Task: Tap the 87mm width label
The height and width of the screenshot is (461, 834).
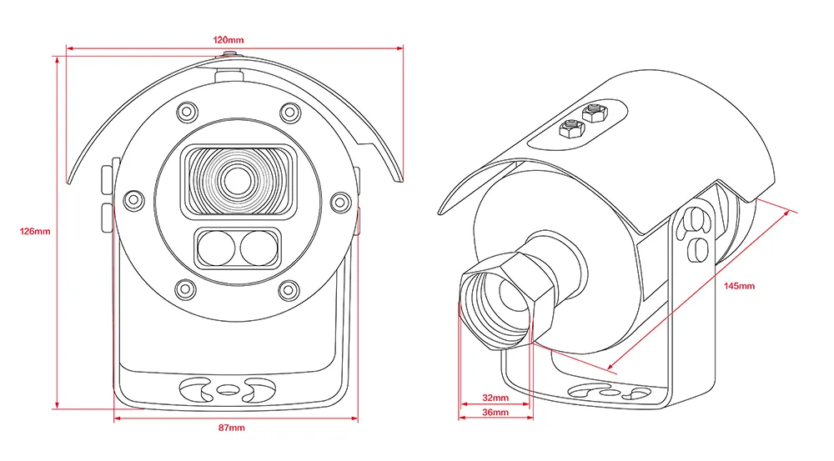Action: pyautogui.click(x=233, y=428)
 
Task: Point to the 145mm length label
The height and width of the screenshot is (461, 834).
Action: pyautogui.click(x=739, y=286)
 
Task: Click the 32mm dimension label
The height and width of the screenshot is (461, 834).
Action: pyautogui.click(x=496, y=397)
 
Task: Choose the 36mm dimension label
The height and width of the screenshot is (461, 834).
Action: pyautogui.click(x=496, y=413)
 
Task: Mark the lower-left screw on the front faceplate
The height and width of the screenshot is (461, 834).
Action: pyautogui.click(x=185, y=288)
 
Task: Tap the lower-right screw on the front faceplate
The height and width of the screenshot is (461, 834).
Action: pyautogui.click(x=289, y=288)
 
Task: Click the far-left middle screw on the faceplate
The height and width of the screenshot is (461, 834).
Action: pyautogui.click(x=133, y=199)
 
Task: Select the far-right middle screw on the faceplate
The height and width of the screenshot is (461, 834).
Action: pyautogui.click(x=339, y=200)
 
